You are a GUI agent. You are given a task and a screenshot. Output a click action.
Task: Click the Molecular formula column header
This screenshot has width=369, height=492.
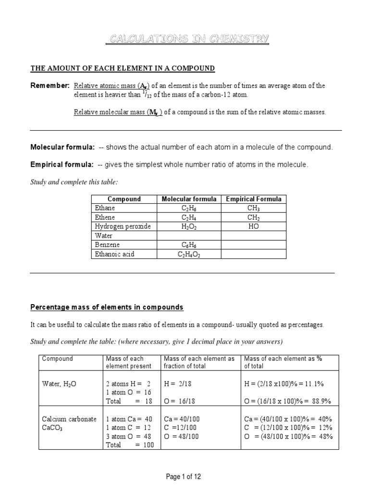pos(189,199)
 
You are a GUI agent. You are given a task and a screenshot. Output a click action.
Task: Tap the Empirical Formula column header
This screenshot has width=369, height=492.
pos(253,199)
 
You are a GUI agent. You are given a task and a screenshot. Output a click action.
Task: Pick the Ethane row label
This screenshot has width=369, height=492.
pos(104,208)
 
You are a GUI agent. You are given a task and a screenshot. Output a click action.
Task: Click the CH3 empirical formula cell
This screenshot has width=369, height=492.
pos(253,208)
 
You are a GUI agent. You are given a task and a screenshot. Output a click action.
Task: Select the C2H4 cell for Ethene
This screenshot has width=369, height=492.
pos(189,217)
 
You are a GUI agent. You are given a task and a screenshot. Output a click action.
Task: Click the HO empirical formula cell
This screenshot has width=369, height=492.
pos(253,226)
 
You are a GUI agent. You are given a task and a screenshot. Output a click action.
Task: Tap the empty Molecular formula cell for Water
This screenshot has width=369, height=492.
pos(189,235)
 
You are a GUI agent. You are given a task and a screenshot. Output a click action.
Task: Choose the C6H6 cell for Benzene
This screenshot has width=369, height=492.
pos(189,245)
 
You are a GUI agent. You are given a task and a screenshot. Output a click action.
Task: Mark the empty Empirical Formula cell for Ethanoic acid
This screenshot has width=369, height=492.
pos(253,254)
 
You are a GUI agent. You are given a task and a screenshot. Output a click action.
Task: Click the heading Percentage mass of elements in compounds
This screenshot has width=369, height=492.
pos(107,307)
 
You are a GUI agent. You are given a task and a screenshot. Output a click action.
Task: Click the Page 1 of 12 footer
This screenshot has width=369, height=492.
pos(184,477)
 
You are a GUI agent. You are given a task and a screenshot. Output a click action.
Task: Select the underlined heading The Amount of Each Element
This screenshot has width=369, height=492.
pos(123,69)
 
